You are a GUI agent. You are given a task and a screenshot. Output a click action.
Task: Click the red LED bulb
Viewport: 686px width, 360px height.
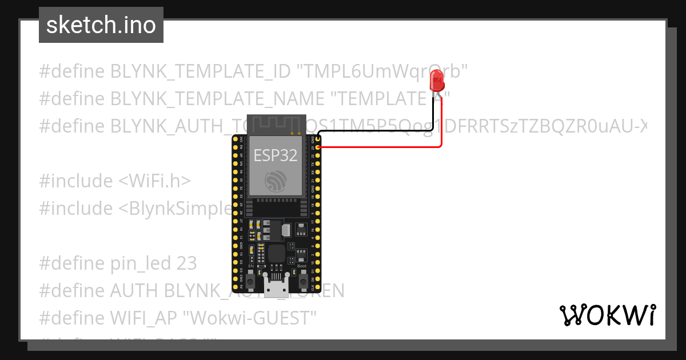[437, 81]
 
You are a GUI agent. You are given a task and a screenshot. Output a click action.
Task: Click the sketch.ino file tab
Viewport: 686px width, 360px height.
[101, 25]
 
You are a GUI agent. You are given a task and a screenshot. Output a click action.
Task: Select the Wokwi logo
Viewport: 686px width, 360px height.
[607, 315]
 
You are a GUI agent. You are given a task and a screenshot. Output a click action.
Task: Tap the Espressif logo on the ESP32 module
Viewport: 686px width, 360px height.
[276, 182]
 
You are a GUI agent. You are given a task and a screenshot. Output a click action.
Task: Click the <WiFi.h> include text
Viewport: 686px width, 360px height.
[154, 181]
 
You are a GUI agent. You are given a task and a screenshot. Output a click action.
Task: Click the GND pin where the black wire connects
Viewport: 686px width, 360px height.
[317, 139]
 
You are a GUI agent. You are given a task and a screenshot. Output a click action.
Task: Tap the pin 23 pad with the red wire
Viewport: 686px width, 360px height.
[317, 147]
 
